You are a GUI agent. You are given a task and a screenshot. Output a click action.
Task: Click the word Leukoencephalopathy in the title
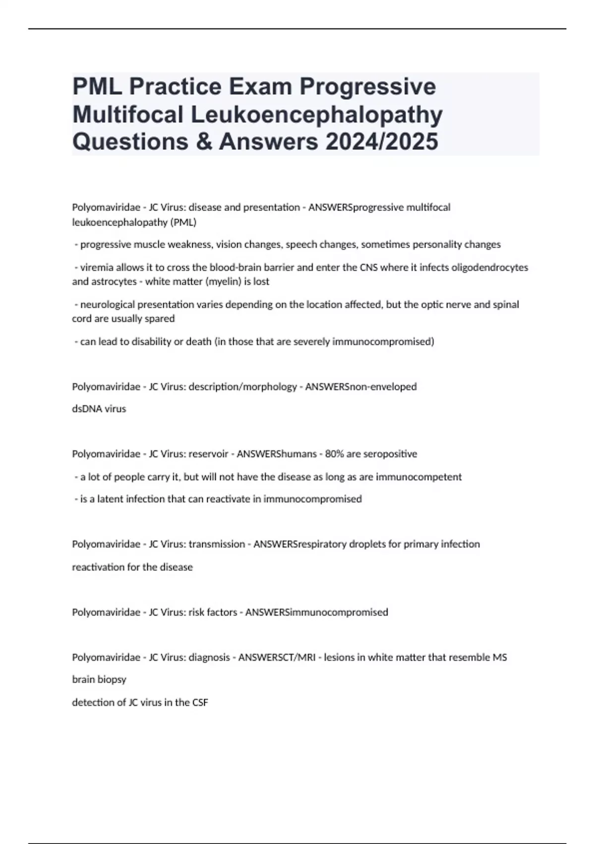[317, 114]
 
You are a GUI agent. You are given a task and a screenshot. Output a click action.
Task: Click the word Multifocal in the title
[128, 114]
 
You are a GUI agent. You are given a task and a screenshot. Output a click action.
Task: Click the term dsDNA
[86, 409]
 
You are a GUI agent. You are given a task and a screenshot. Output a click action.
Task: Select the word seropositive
[390, 454]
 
